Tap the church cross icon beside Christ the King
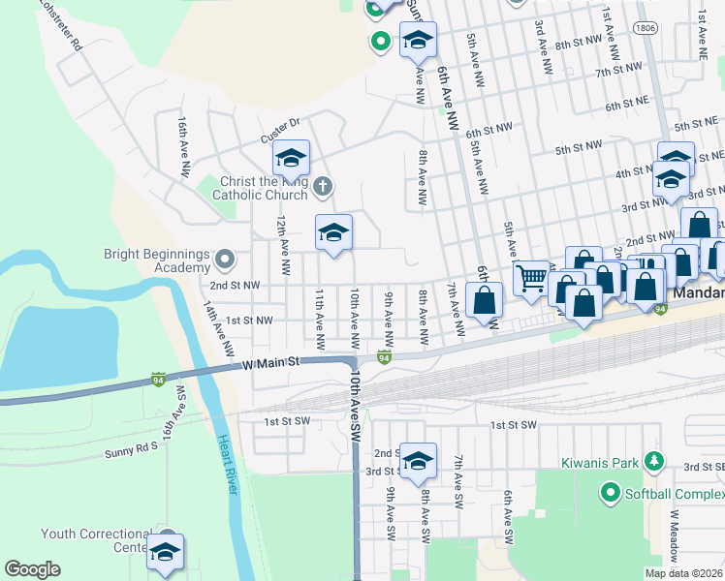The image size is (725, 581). [323, 185]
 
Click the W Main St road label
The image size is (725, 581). [272, 362]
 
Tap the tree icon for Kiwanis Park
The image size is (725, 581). [655, 460]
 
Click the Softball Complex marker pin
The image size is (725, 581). [610, 493]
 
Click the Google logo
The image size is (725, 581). [32, 569]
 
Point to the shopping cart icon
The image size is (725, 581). [530, 279]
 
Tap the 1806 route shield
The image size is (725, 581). [646, 29]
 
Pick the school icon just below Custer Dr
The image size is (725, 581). [291, 157]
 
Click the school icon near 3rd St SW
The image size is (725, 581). [418, 460]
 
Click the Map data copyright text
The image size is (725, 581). [682, 573]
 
